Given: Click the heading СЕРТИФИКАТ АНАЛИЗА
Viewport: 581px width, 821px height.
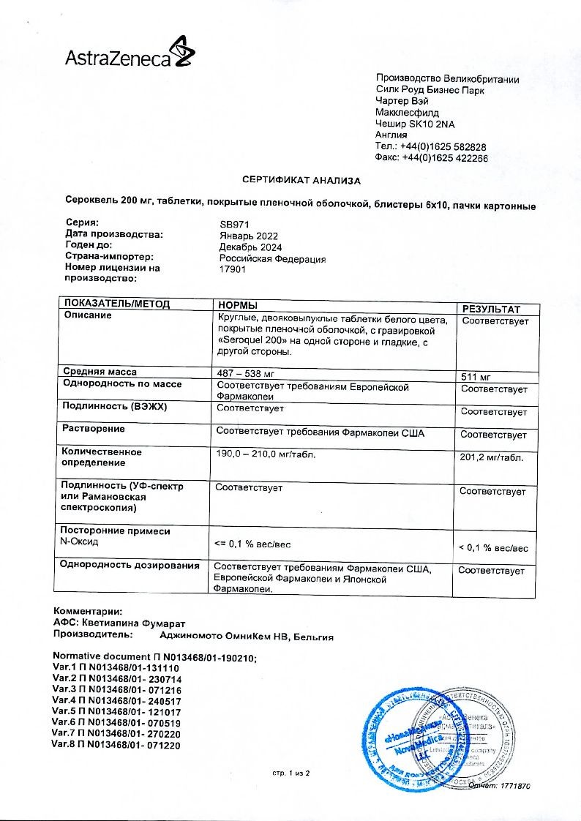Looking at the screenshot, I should tap(301, 180).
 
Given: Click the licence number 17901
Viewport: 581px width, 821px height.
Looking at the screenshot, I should tap(233, 269).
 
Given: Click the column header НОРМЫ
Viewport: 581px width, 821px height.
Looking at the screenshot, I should tap(236, 304).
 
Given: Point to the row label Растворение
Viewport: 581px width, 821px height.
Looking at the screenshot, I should tap(94, 429).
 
